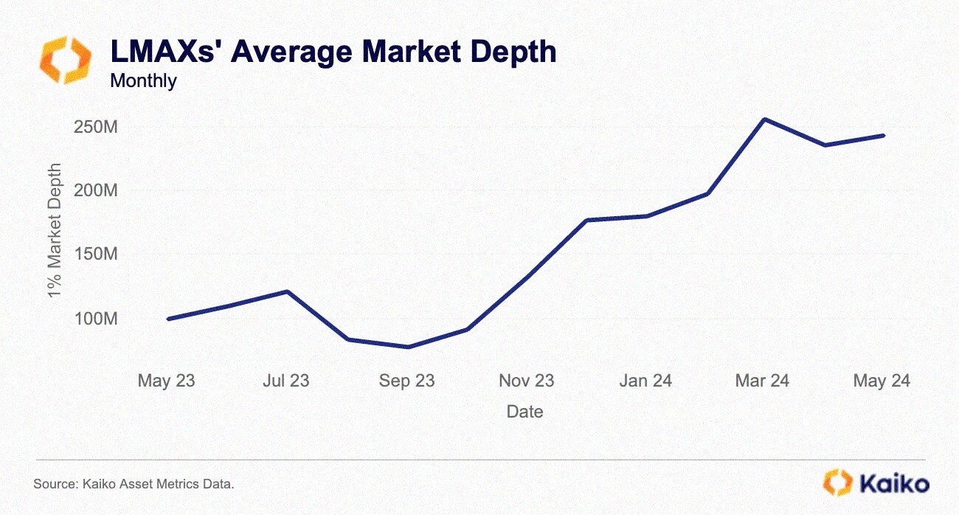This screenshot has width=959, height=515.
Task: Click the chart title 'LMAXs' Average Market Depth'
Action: coord(333,52)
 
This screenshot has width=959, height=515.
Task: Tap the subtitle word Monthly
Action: coord(143,80)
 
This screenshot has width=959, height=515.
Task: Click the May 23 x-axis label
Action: coord(167,381)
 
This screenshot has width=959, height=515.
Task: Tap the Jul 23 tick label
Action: coord(285,381)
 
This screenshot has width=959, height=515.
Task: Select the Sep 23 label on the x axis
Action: coord(406,381)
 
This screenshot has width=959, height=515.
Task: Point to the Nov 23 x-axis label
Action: coord(526,381)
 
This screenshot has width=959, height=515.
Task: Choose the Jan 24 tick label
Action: coord(645,381)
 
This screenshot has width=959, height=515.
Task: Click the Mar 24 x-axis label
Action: coord(762,381)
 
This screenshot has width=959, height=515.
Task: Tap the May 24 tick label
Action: coord(882,381)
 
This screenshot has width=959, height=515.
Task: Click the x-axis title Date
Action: coord(524,412)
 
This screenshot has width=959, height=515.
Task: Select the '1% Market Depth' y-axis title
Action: coord(55,231)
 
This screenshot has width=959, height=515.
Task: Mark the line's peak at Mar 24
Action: coord(765,119)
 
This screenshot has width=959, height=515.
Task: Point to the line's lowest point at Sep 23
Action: coord(408,347)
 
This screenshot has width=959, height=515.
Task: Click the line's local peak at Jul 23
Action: coord(287,291)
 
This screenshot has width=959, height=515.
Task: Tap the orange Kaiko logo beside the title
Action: coord(66,60)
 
